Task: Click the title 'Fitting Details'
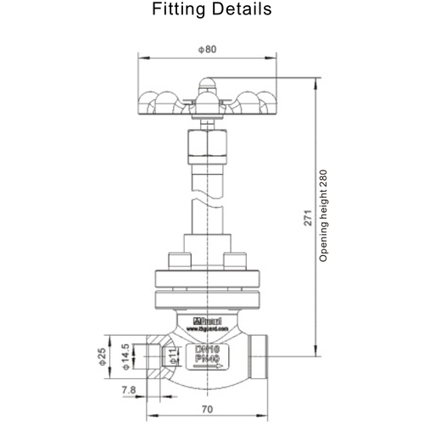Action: point(211,10)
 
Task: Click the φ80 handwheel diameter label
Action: point(205,49)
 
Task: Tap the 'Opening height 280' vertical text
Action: point(323,216)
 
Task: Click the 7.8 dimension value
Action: point(128,391)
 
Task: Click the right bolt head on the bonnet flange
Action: point(235,259)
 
